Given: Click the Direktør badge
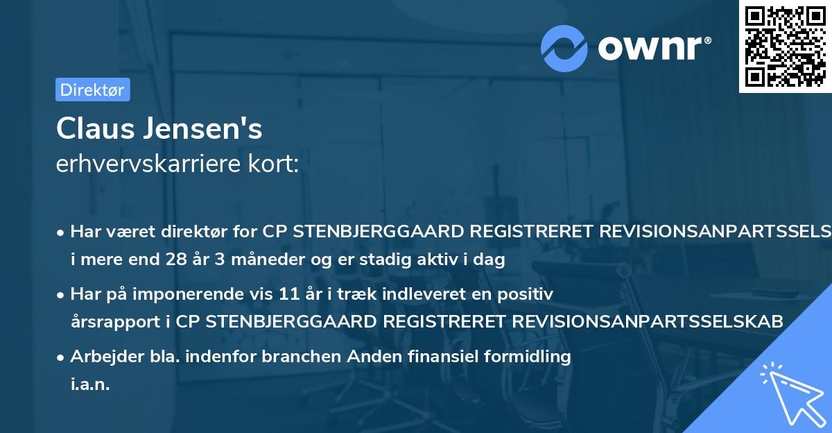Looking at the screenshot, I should click(92, 90).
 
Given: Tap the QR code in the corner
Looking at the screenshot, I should click(785, 46).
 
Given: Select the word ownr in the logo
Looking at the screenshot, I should click(654, 48).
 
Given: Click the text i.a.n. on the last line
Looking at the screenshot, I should click(90, 384).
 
